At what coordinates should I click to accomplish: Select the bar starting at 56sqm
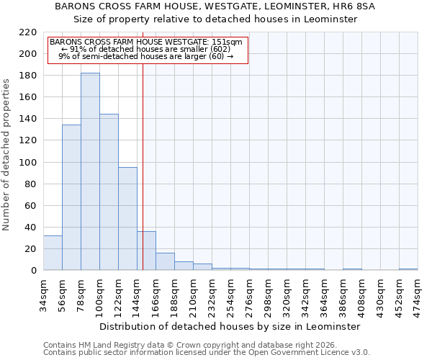pos(71,197)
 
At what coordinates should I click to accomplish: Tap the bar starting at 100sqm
pos(109,192)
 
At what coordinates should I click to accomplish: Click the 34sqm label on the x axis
pos(43,295)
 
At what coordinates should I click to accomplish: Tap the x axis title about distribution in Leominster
pos(230,326)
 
